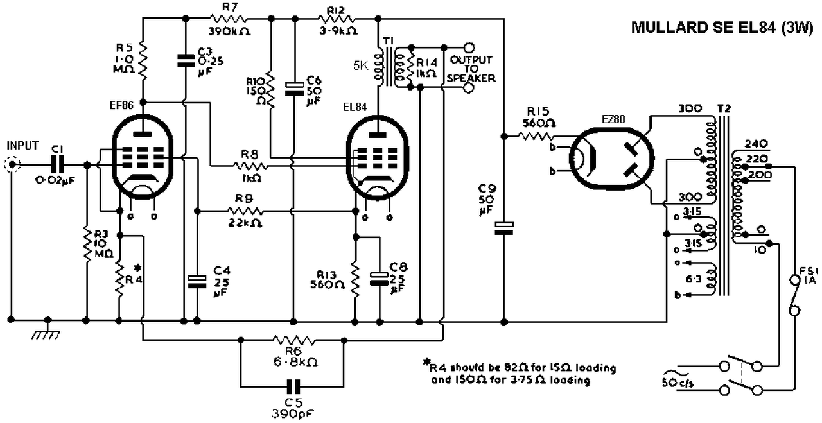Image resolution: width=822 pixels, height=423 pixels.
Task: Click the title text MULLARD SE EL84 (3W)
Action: [x=722, y=28]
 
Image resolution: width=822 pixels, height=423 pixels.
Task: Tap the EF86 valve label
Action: [x=121, y=106]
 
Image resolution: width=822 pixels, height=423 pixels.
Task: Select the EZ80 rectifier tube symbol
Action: [x=612, y=159]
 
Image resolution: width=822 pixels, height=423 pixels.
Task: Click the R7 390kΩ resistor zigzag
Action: [x=228, y=19]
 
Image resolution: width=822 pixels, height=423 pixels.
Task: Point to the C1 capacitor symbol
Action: [x=57, y=165]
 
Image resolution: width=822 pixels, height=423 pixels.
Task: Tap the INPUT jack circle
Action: [x=12, y=165]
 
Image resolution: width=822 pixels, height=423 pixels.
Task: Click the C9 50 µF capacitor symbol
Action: [x=504, y=228]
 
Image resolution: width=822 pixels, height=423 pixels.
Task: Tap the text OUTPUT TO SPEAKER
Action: [x=471, y=69]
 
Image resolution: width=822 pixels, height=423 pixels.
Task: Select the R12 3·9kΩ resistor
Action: [x=336, y=19]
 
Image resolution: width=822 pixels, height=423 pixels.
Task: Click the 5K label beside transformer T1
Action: [x=361, y=66]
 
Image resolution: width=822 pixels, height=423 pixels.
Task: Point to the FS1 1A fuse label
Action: [x=809, y=276]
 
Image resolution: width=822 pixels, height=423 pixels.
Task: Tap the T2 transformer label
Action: [x=724, y=108]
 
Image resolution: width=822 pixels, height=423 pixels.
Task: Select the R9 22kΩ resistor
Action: [x=245, y=211]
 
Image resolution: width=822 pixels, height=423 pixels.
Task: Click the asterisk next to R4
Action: [x=137, y=268]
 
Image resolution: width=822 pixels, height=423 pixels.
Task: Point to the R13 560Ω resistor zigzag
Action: [x=355, y=279]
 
